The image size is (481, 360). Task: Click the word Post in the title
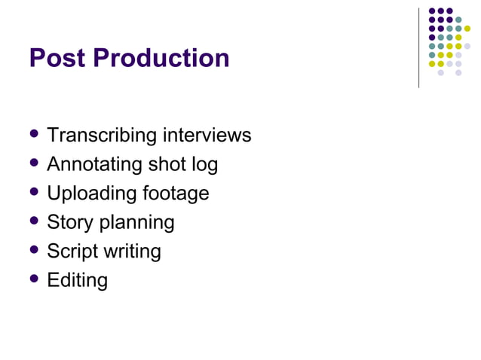click(x=54, y=59)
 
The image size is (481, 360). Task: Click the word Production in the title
click(x=158, y=59)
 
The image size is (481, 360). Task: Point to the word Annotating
click(x=95, y=164)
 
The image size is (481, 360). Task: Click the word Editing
click(x=77, y=281)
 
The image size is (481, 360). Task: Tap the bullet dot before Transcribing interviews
click(x=33, y=135)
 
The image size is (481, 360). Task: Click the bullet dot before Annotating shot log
click(x=33, y=163)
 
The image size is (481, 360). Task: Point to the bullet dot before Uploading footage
click(x=33, y=192)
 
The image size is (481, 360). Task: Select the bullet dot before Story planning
click(x=33, y=221)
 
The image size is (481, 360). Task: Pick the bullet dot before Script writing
click(x=33, y=250)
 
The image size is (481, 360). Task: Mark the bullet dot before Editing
click(x=33, y=279)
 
